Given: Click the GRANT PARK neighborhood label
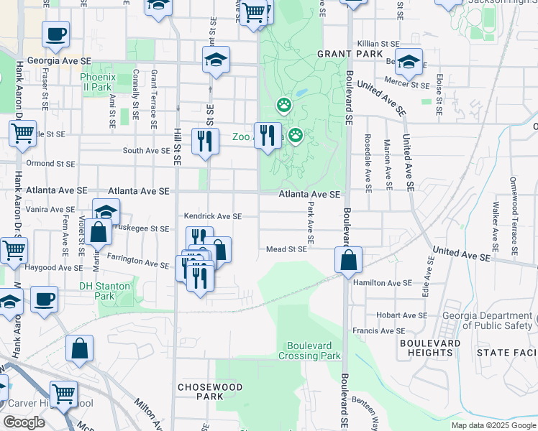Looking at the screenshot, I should tap(340, 54).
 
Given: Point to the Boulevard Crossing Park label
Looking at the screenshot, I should tap(314, 350).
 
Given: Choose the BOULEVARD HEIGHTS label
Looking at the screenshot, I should tap(430, 348).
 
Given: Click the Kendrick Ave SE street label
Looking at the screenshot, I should tap(212, 215).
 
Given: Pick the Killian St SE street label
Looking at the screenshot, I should tap(388, 44).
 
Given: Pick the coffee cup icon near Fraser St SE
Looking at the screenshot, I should tap(55, 33).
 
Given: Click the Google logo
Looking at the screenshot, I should tap(24, 422).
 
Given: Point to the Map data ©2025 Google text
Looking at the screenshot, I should tap(493, 425).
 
